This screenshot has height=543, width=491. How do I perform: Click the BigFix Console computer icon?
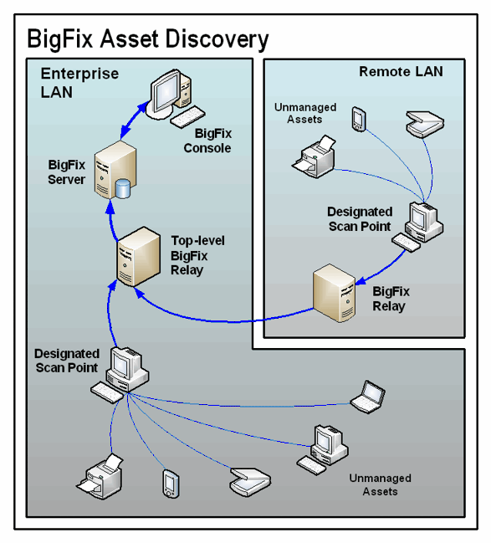176,98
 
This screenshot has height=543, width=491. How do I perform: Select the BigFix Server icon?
115,170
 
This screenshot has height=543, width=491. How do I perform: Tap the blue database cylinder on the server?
123,189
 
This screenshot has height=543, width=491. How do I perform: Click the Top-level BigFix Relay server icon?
139,257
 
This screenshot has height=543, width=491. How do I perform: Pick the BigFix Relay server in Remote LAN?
335,293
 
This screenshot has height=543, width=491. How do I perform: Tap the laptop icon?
368,397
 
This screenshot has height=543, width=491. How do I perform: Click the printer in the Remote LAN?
314,156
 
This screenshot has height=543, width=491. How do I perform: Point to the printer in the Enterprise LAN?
100,477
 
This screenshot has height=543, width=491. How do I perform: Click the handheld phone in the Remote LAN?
359,119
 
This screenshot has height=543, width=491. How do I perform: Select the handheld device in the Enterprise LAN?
171,484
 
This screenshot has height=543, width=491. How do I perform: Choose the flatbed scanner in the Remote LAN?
425,124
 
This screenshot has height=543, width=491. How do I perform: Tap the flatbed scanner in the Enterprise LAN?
250,481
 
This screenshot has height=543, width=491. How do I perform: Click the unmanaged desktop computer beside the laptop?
323,449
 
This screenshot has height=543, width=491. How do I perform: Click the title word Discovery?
217,39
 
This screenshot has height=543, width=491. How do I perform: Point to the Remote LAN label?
401,72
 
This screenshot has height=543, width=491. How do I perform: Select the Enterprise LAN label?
79,83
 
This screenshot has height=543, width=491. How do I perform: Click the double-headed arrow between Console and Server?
133,120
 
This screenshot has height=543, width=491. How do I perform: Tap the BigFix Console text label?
207,141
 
